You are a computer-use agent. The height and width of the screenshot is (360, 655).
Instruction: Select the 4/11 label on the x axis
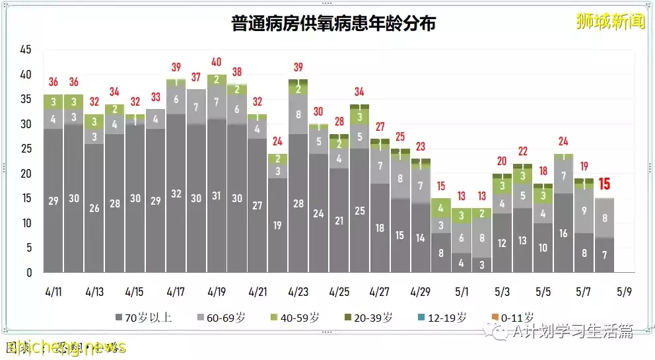click(53, 291)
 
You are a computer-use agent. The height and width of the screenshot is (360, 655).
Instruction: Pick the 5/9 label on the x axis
click(625, 291)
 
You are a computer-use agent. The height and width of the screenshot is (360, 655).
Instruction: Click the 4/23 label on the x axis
click(298, 291)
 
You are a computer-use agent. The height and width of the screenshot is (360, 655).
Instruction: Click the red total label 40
click(217, 62)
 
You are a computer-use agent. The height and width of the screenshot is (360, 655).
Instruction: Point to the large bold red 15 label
click(604, 184)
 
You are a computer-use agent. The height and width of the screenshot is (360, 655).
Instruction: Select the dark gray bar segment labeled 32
click(176, 194)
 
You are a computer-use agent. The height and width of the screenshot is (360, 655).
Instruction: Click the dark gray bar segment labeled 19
click(278, 225)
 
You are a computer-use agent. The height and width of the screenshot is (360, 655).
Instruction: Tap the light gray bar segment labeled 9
click(584, 211)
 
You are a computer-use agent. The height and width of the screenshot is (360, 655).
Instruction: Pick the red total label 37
click(196, 77)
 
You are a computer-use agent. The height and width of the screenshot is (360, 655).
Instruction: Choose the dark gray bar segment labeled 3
click(482, 265)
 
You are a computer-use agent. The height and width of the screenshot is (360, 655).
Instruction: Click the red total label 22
click(523, 151)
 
